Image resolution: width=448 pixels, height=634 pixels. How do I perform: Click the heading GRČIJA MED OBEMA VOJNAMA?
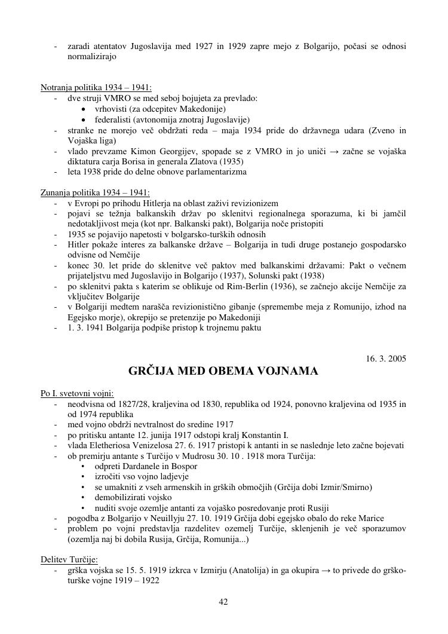click(x=223, y=372)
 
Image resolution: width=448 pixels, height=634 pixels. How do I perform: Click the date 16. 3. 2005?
click(x=386, y=359)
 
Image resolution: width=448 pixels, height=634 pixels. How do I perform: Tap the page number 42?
click(x=223, y=602)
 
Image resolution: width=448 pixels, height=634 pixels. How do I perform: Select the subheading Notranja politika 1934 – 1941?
click(x=96, y=87)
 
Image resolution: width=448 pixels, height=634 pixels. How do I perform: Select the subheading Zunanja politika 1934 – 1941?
click(x=95, y=192)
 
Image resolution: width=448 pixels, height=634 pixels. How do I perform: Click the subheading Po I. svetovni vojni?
click(x=77, y=393)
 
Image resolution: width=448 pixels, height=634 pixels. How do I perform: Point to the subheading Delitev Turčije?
click(x=69, y=559)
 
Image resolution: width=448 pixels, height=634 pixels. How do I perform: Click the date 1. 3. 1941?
click(x=85, y=327)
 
